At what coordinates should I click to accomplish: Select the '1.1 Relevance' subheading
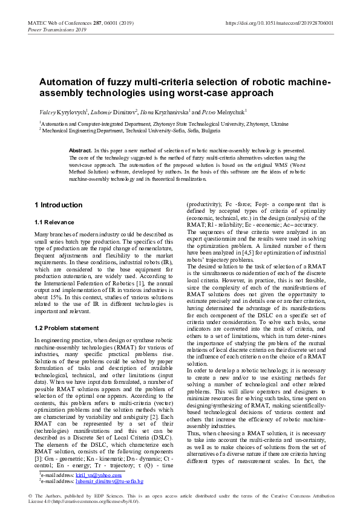[56, 222]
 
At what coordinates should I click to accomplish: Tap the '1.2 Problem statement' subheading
[70, 328]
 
